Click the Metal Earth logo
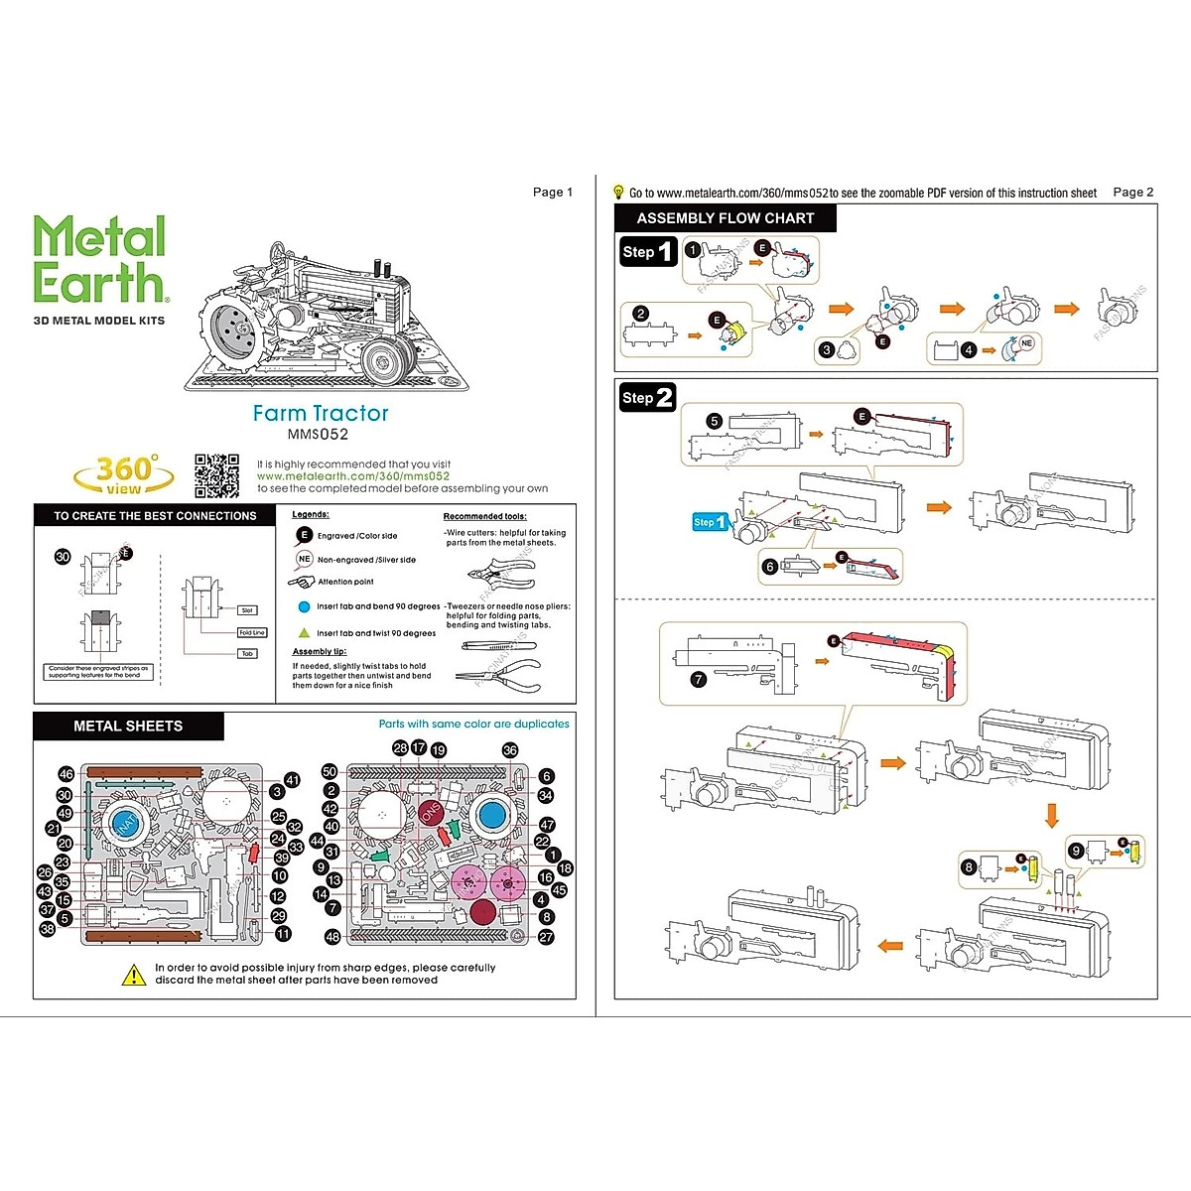tap(99, 260)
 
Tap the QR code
tap(216, 475)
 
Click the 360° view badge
tap(124, 474)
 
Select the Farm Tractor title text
tap(321, 413)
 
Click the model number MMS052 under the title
tap(318, 434)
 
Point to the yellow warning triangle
tap(134, 975)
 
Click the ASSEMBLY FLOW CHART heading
tap(725, 218)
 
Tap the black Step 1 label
tap(647, 252)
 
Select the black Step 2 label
tap(647, 398)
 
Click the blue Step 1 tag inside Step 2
tap(710, 522)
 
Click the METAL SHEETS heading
tap(128, 727)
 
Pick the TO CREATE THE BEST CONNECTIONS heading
tap(155, 516)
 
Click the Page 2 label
tap(1133, 193)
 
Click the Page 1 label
tap(553, 193)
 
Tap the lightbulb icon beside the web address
tap(618, 192)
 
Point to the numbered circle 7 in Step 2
tap(699, 680)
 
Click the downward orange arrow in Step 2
tap(1052, 816)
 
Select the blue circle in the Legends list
tap(304, 606)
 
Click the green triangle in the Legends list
tap(304, 632)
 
